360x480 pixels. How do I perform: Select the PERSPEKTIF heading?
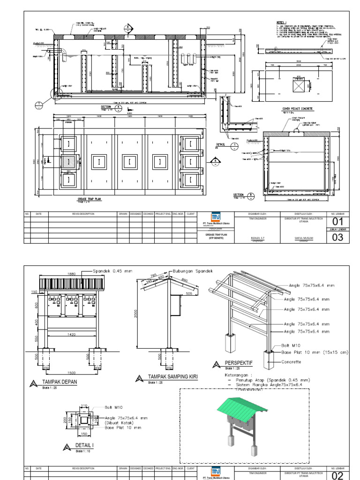239,363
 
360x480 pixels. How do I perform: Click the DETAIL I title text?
85,445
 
